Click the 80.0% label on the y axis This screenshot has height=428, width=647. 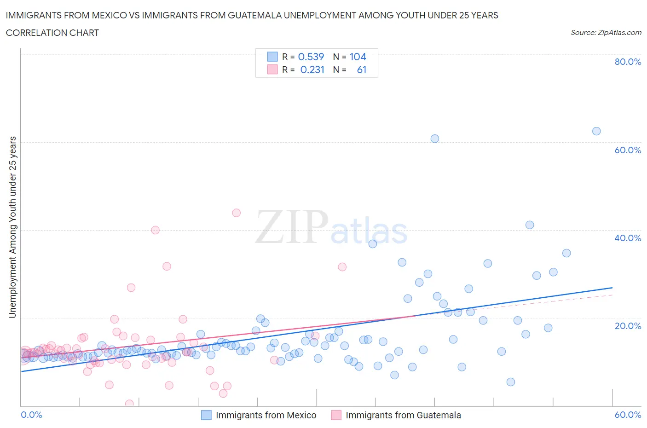coord(628,62)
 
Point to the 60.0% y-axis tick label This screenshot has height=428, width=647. coord(628,150)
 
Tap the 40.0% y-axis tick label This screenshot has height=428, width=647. coord(628,238)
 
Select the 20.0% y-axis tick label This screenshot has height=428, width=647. coord(628,326)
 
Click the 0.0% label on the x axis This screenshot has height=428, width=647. coord(32,415)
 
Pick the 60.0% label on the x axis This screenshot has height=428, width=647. coord(628,415)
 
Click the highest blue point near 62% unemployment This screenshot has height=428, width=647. coord(596,131)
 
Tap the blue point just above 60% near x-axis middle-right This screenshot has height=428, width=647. coord(435,139)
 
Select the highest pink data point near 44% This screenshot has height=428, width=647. coord(237,213)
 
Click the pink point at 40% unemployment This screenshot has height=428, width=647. coord(155,230)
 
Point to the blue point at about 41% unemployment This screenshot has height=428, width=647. coord(530,225)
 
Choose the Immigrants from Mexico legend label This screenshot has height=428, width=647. coord(266,415)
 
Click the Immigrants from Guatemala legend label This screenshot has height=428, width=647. coord(403,415)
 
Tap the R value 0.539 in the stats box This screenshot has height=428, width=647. coord(311,57)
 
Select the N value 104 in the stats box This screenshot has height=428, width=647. coord(358,57)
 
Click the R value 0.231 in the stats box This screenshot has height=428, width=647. coord(312,69)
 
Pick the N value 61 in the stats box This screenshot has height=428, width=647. coord(362,69)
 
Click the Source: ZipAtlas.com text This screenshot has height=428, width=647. coord(606,33)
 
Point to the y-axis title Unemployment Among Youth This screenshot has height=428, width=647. coord(13,227)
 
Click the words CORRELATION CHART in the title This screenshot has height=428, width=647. coord(52,33)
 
